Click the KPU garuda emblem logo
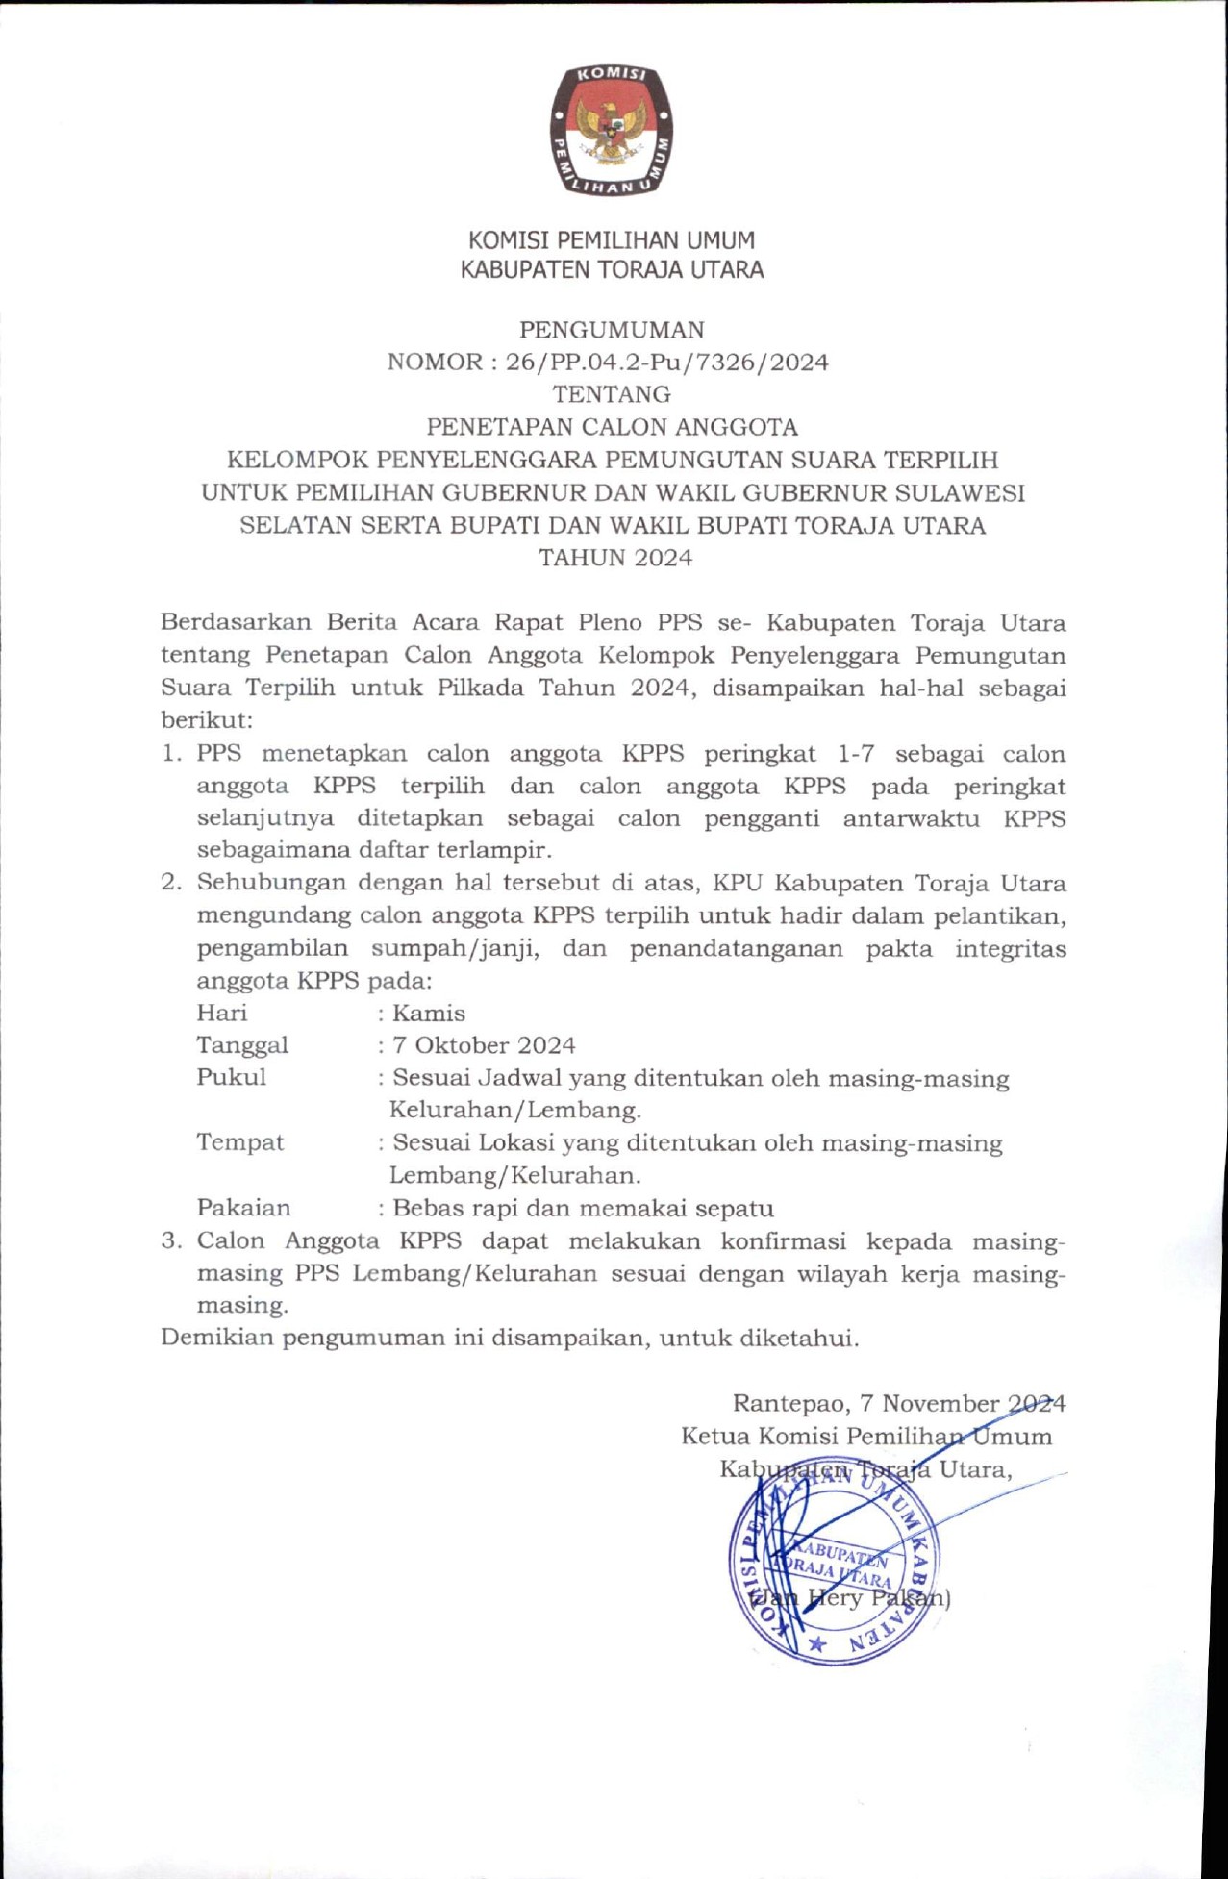point(612,131)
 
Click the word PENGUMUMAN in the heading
point(613,330)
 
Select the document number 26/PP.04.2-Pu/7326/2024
point(666,363)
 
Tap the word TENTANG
point(612,394)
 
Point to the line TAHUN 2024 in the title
point(615,558)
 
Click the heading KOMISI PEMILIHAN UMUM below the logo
point(612,240)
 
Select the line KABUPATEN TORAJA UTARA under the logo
point(612,270)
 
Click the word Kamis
point(429,1014)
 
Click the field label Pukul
point(232,1077)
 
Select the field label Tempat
point(240,1142)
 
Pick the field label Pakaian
point(243,1208)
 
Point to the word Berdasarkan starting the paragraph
point(236,622)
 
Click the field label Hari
point(222,1013)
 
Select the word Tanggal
point(242,1045)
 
